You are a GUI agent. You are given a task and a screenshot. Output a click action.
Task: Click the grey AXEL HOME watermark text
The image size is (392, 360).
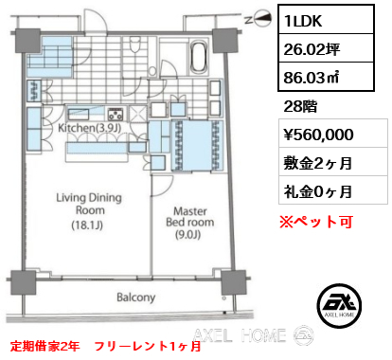coord(241,333)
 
